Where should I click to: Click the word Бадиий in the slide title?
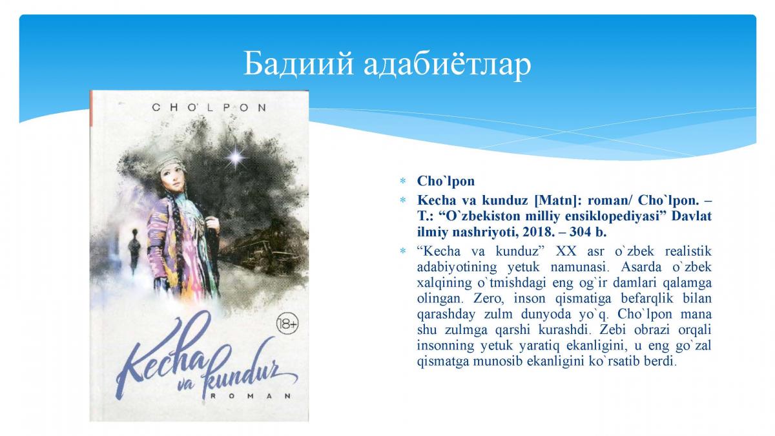pos(299,64)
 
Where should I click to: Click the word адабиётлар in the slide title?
pos(447,64)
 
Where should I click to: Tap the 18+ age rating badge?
pos(287,324)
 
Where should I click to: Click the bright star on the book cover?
pos(236,158)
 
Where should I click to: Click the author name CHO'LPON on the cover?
pos(209,108)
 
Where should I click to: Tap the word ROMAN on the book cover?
pos(250,396)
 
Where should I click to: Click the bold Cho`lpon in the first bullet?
pos(446,181)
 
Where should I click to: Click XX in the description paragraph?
pos(566,251)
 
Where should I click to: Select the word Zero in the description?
pos(486,298)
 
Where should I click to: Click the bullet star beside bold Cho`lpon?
pos(402,181)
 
